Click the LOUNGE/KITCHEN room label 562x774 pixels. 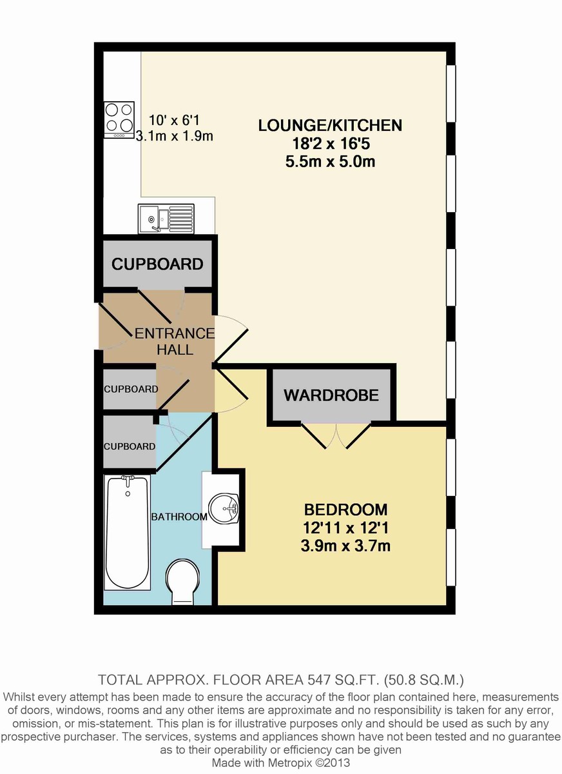click(330, 125)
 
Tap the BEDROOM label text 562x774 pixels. click(345, 510)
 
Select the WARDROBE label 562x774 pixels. click(331, 395)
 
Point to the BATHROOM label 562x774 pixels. click(179, 517)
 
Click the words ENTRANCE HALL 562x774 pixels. click(175, 341)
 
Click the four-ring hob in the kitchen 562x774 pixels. click(119, 119)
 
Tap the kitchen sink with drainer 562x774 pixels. click(166, 219)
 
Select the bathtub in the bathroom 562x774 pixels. click(128, 533)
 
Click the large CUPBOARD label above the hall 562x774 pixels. click(157, 264)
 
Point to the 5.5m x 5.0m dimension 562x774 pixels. click(331, 162)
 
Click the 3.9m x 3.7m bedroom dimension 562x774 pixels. click(345, 546)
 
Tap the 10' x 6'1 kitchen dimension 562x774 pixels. click(174, 121)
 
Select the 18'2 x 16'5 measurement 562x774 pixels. click(331, 143)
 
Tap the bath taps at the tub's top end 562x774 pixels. click(128, 480)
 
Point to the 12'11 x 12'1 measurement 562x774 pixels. click(345, 528)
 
